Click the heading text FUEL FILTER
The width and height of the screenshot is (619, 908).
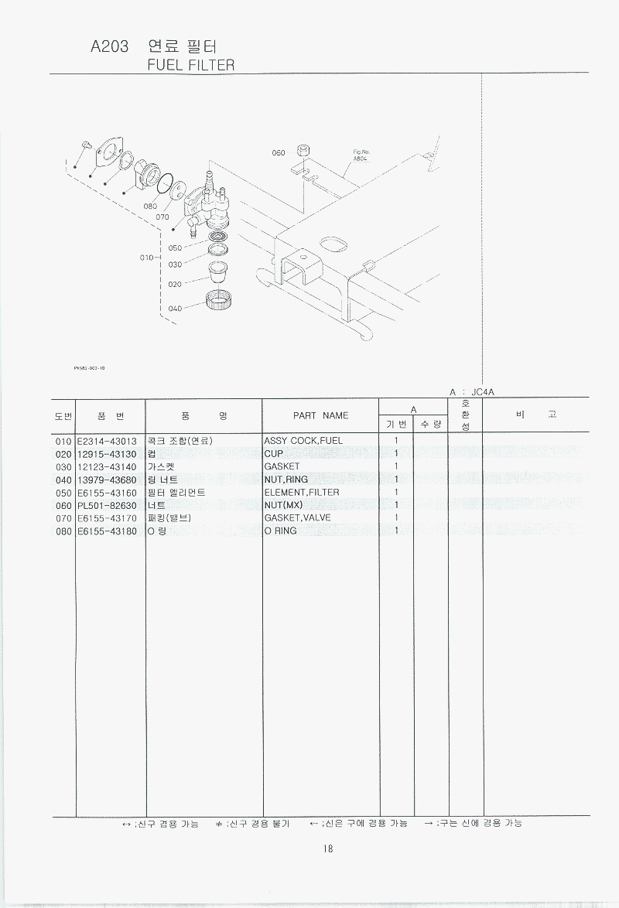190,65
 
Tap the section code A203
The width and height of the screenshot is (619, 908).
110,46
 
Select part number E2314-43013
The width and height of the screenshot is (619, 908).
107,442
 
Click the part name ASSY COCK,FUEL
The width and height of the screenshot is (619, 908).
303,441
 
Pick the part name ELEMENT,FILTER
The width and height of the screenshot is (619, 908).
302,492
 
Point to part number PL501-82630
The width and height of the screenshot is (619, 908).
107,506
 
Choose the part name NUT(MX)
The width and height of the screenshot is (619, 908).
283,505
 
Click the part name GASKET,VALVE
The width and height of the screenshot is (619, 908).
297,517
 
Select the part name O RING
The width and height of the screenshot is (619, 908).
281,531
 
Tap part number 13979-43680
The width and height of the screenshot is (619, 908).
107,480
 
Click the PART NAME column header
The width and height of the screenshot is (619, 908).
320,416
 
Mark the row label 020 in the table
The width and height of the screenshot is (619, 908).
63,455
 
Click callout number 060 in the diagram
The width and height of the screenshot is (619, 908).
279,153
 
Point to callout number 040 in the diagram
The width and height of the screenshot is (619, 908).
175,309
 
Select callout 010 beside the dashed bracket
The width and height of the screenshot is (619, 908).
147,258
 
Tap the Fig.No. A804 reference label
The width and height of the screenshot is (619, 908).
361,155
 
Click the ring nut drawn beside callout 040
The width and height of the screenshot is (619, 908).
217,300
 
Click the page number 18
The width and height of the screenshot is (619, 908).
328,849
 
